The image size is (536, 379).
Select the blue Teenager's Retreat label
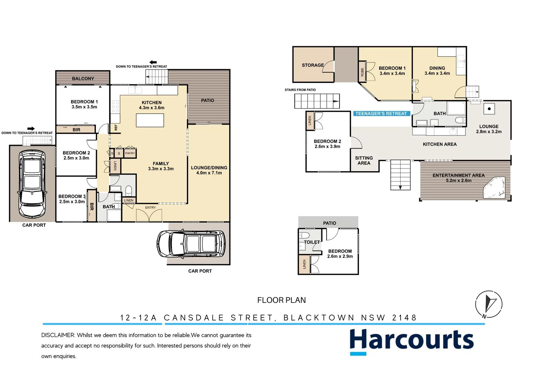pos(381,114)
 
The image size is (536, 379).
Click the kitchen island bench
pos(150,120)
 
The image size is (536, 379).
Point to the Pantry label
pos(130,153)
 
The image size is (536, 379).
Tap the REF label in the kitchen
pos(116,127)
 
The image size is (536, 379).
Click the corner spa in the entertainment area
pos(495,188)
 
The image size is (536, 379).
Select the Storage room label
pos(313,65)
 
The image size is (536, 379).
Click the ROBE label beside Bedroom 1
pos(362,72)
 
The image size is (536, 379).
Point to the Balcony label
pos(83,79)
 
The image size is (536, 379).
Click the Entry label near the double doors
pos(150,208)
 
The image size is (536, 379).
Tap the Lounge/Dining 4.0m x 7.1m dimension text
pos(209,173)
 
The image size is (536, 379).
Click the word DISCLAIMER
pos(58,335)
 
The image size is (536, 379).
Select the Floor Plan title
pos(281,300)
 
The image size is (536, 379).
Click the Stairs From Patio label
pos(300,90)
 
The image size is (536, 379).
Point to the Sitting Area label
pos(364,161)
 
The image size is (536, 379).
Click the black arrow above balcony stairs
pos(153,62)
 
